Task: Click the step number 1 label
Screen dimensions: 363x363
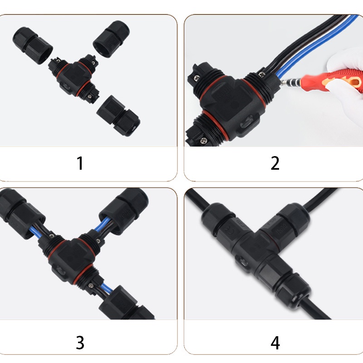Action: click(x=80, y=163)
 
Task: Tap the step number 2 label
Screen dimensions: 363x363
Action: click(x=275, y=163)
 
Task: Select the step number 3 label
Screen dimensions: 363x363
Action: click(x=80, y=343)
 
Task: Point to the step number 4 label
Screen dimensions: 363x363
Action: click(x=275, y=343)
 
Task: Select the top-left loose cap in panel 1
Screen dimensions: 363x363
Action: click(x=32, y=45)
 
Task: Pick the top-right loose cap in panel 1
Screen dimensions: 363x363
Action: click(x=111, y=39)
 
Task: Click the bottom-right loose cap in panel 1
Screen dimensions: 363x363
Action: click(x=118, y=116)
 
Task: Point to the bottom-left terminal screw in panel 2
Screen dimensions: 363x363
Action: click(x=204, y=140)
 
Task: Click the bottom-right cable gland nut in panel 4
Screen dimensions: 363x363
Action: click(x=294, y=288)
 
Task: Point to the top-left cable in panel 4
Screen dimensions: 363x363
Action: click(x=198, y=200)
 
